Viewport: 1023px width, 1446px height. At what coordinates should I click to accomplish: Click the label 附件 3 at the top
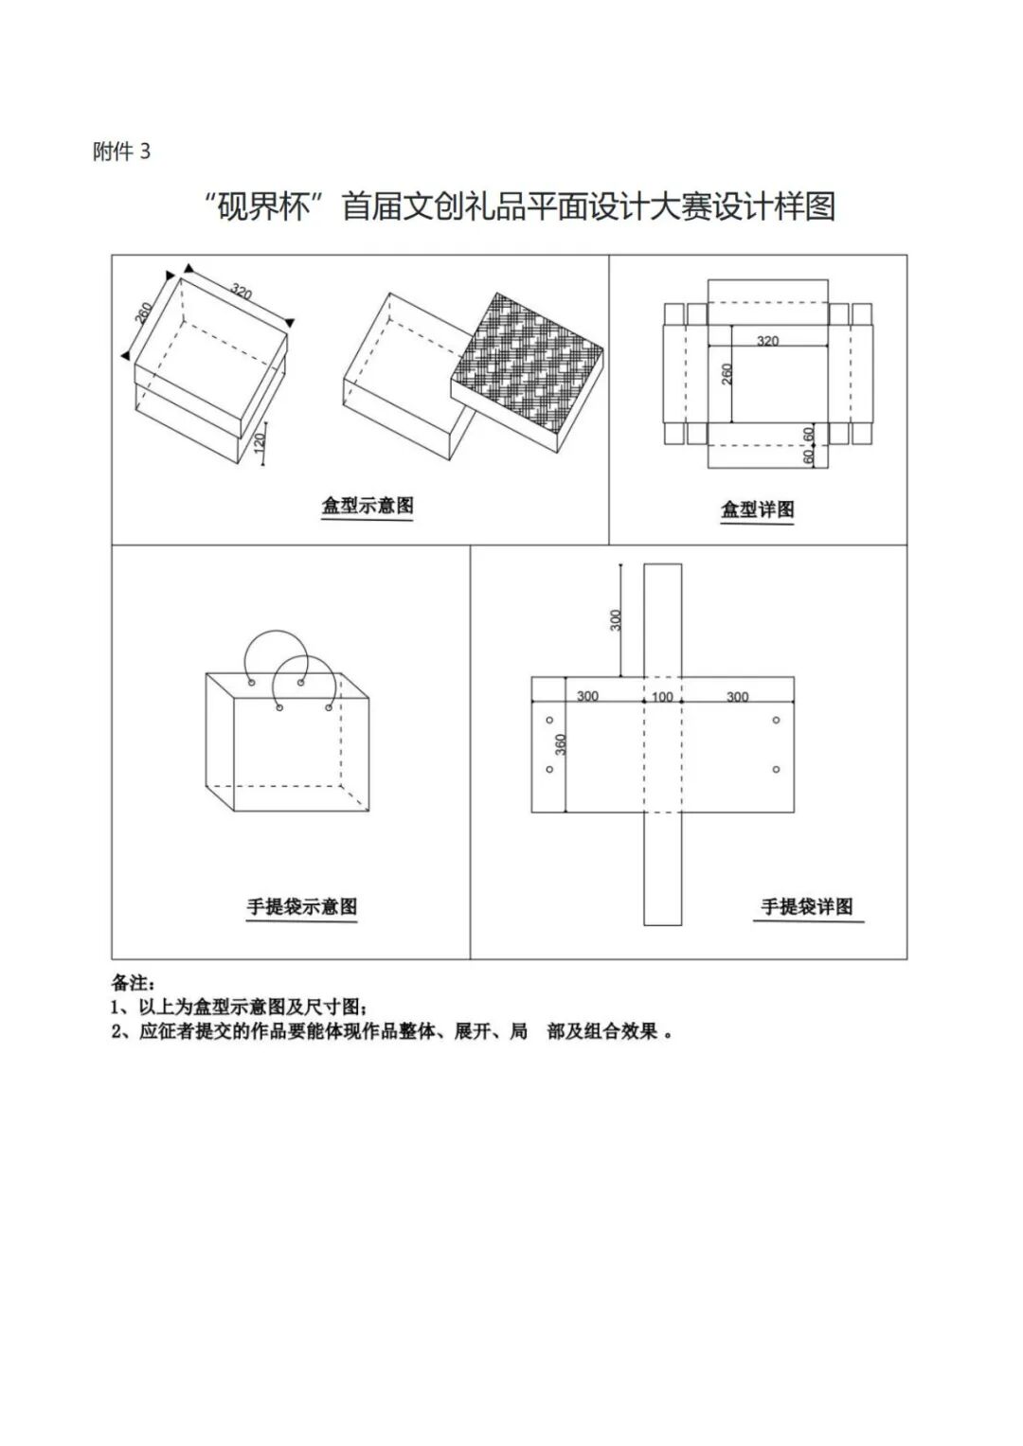(121, 152)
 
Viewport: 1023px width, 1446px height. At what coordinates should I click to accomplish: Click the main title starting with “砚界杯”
(520, 206)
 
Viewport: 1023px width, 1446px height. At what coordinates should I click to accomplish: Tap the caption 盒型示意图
(368, 506)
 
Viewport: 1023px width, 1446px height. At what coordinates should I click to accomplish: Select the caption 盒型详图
(757, 509)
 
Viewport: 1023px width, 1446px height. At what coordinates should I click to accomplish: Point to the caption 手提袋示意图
(302, 907)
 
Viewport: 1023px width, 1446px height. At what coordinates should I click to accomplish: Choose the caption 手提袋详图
(807, 907)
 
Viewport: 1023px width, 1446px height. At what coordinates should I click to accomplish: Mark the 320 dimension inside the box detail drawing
(767, 341)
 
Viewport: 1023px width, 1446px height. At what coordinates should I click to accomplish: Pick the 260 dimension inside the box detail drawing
(727, 373)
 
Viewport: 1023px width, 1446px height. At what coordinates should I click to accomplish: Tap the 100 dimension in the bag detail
(662, 697)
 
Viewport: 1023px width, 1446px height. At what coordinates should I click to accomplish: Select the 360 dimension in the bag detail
(560, 743)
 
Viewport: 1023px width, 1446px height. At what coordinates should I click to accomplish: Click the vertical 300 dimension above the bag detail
(616, 621)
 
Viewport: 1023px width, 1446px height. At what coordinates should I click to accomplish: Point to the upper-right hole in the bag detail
(776, 721)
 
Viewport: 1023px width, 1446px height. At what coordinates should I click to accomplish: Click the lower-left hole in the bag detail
(549, 769)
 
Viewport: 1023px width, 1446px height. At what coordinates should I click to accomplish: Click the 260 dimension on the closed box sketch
(143, 312)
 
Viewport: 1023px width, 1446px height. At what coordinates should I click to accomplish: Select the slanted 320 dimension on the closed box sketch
(242, 292)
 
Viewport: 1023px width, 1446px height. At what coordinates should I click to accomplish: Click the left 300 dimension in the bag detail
(587, 697)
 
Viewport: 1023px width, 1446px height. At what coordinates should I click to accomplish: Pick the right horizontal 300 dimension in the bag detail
(737, 697)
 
